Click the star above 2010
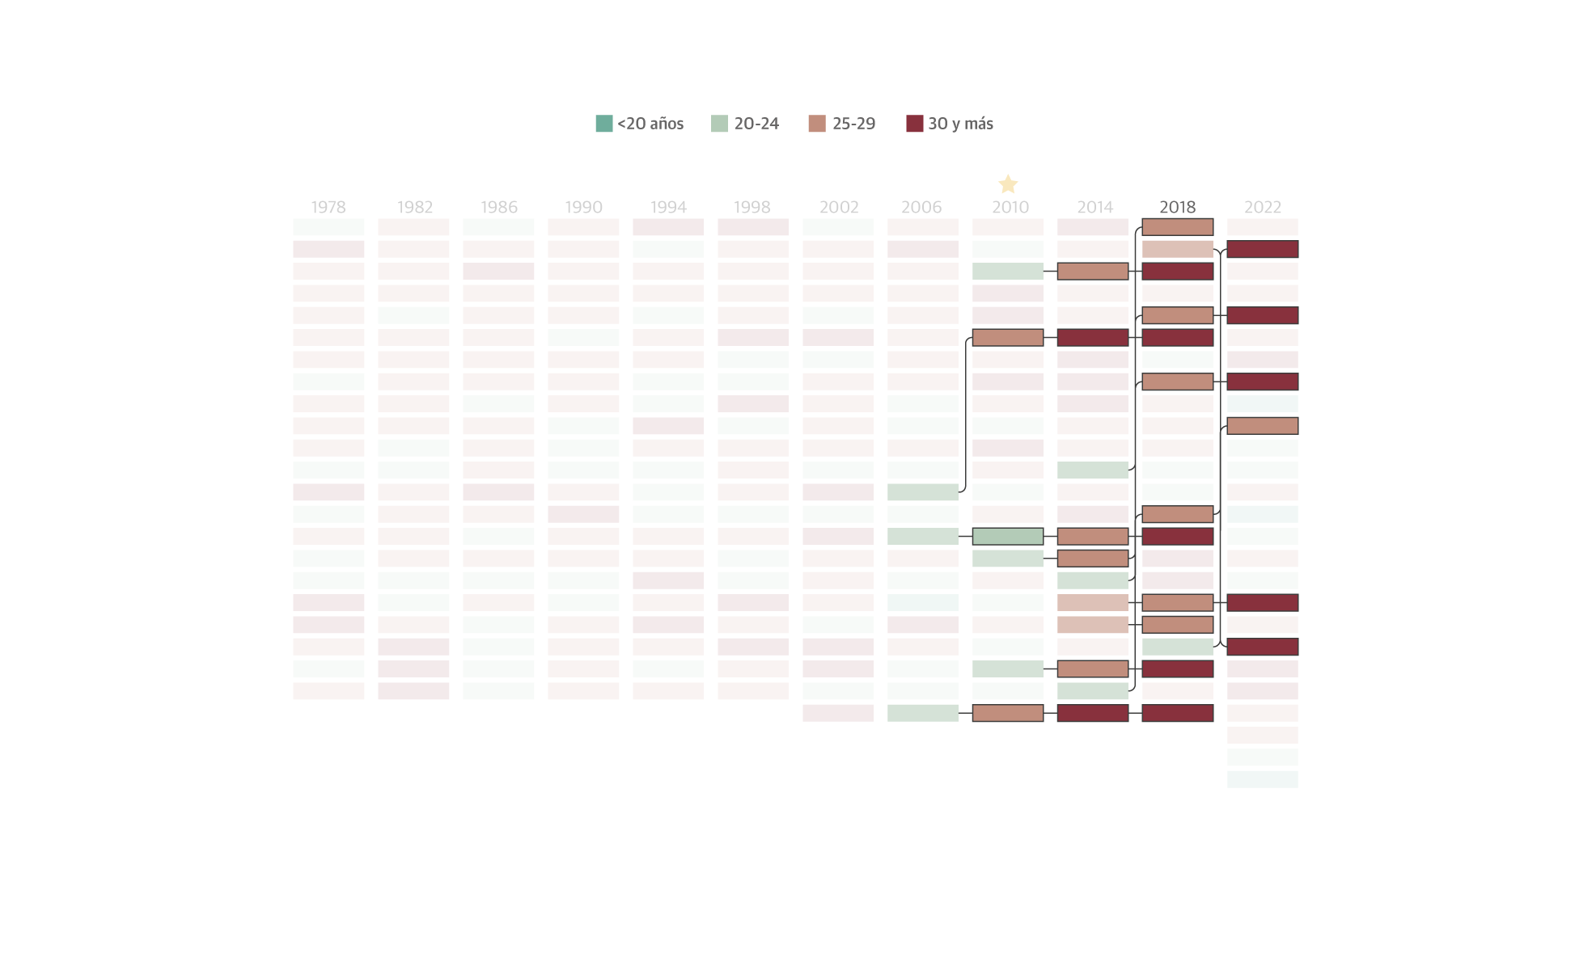[x=1008, y=184]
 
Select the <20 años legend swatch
[x=603, y=124]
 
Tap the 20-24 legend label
[x=756, y=124]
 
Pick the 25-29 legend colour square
[x=817, y=124]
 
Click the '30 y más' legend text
[x=960, y=124]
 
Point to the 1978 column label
[x=328, y=207]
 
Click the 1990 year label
[x=583, y=207]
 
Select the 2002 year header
[x=839, y=207]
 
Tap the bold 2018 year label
[x=1177, y=207]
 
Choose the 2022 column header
[x=1263, y=207]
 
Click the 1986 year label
[x=499, y=207]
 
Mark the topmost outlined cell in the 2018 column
[x=1177, y=227]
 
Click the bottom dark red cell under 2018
[x=1177, y=713]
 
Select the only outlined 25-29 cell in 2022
[x=1262, y=426]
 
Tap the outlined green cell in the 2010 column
[x=1008, y=536]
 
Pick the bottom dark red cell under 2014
[x=1092, y=713]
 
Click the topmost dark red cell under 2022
[x=1262, y=249]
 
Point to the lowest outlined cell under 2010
[x=1008, y=713]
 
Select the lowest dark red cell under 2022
[x=1262, y=647]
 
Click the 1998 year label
[x=752, y=207]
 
